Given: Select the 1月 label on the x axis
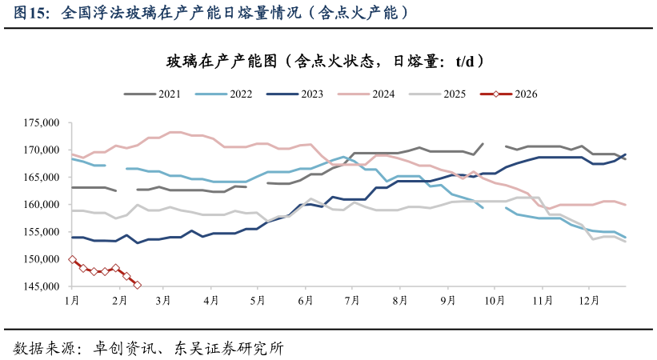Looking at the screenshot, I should (72, 300).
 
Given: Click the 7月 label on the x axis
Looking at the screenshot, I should (351, 300).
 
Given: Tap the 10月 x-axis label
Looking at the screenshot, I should (495, 300).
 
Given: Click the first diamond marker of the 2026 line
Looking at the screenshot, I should (72, 259).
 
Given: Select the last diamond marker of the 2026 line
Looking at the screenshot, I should (137, 285).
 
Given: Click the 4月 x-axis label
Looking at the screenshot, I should (211, 300).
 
